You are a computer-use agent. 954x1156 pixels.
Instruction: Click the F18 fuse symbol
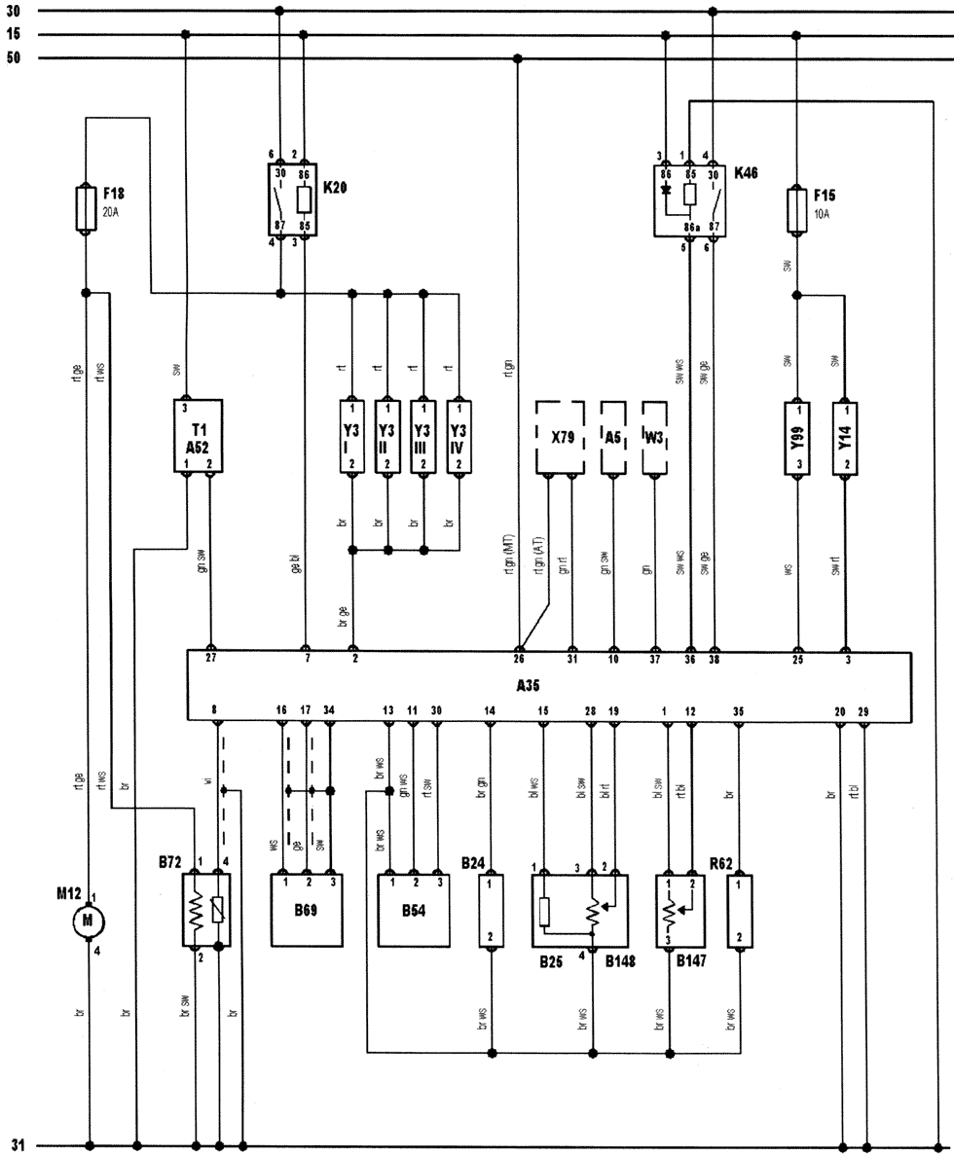(86, 208)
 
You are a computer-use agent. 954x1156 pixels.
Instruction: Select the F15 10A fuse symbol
(797, 211)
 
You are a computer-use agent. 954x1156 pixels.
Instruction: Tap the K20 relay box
(292, 199)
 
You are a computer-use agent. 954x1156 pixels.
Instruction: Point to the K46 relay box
(690, 199)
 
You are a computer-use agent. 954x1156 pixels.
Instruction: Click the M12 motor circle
(90, 920)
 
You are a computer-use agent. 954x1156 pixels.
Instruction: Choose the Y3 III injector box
(423, 437)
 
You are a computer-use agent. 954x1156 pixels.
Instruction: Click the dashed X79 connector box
(561, 438)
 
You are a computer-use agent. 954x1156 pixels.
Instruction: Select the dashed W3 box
(655, 438)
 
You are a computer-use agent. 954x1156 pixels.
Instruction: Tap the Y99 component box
(798, 438)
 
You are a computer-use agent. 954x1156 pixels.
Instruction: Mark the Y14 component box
(844, 438)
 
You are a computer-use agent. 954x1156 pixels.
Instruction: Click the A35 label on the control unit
(528, 685)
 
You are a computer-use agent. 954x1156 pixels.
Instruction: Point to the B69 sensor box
(307, 911)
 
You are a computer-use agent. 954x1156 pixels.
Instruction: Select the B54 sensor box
(415, 911)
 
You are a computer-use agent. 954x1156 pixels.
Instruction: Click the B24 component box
(492, 911)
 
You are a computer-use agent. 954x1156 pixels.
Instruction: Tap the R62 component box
(740, 911)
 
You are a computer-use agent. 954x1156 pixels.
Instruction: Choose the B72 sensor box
(206, 910)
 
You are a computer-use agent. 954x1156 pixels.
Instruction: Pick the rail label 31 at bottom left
(17, 1145)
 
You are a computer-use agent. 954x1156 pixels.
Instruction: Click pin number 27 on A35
(211, 658)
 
